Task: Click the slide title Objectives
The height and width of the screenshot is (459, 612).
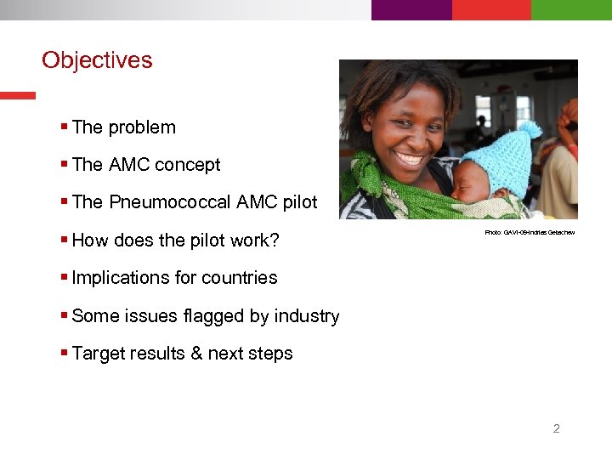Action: [x=97, y=60]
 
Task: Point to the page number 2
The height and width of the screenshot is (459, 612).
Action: [x=556, y=428]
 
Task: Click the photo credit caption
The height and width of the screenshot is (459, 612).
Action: [x=530, y=232]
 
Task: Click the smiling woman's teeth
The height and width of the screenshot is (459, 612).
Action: [x=409, y=157]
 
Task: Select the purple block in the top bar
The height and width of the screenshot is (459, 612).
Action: [x=411, y=9]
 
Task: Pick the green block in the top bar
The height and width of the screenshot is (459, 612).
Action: [x=571, y=9]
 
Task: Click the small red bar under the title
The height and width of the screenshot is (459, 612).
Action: [x=18, y=95]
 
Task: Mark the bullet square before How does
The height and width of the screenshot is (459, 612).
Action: [x=65, y=240]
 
